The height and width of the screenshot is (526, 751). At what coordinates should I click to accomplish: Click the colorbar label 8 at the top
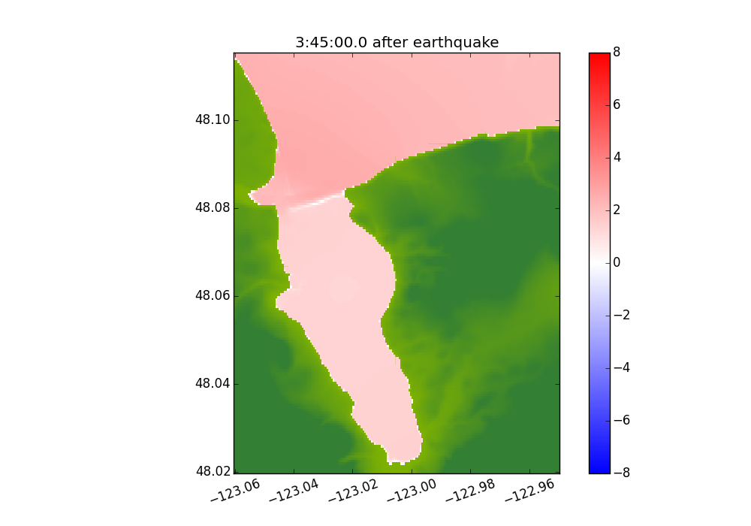click(x=617, y=53)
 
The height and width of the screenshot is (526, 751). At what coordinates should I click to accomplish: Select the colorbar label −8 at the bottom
click(x=620, y=473)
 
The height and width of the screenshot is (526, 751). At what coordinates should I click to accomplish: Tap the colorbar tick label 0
click(x=617, y=263)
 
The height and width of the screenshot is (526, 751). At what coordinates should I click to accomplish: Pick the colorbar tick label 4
click(x=617, y=158)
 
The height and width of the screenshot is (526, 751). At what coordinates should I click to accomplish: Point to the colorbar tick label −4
click(x=620, y=368)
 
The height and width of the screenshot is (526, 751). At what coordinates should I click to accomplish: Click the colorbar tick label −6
click(x=620, y=421)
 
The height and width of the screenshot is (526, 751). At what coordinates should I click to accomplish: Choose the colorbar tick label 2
click(x=617, y=210)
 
